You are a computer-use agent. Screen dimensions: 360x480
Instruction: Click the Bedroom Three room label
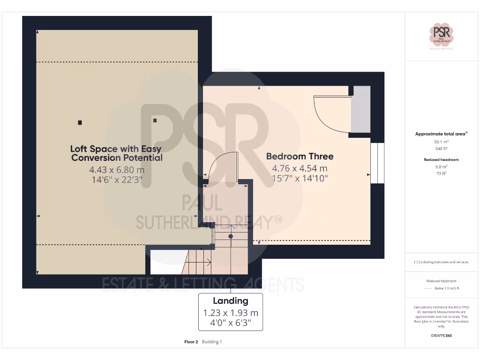tap(300, 156)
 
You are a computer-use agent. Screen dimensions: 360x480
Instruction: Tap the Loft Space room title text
tap(116, 153)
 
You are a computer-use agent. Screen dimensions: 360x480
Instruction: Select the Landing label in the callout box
tap(230, 301)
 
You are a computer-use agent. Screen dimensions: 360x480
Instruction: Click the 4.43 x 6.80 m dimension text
tap(116, 170)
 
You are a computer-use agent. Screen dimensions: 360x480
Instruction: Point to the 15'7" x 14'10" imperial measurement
tap(300, 178)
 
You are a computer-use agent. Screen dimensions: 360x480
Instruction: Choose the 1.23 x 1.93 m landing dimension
tap(230, 313)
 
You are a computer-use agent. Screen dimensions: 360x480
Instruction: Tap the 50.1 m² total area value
tap(441, 141)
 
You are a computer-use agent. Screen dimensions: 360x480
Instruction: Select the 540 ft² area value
tap(441, 149)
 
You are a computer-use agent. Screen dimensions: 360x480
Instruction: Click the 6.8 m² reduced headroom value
tap(441, 166)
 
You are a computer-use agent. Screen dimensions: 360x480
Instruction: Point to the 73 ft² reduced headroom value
tap(441, 173)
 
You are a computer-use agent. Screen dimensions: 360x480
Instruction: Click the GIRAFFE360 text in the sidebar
tap(441, 336)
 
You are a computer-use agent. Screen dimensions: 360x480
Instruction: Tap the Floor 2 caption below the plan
tap(191, 342)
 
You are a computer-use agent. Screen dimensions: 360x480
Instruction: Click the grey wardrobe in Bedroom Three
tap(361, 109)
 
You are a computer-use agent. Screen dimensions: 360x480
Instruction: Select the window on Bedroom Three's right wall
tap(377, 163)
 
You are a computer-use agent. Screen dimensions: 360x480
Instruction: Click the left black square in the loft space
tap(80, 123)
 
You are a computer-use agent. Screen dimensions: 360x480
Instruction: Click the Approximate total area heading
tap(441, 134)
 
